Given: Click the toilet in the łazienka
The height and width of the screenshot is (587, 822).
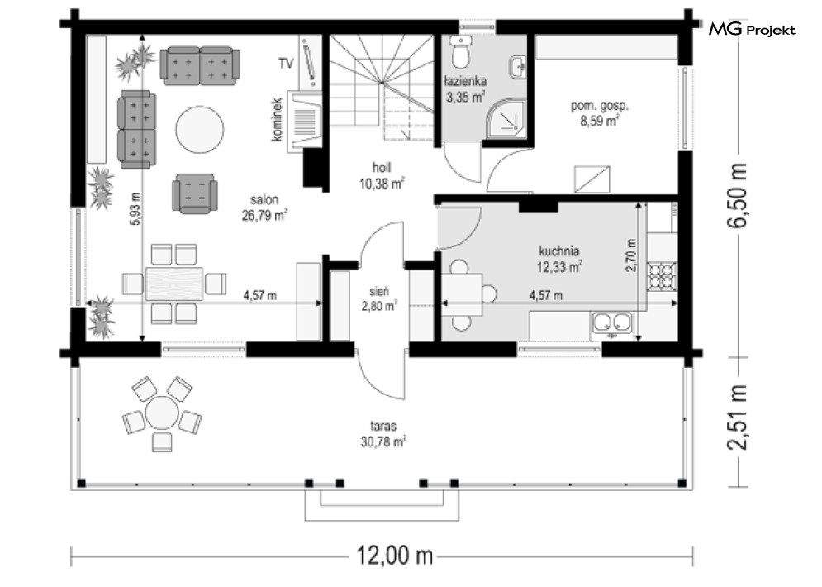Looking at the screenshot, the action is (x=461, y=52).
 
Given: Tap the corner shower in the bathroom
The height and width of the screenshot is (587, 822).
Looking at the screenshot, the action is (x=506, y=118).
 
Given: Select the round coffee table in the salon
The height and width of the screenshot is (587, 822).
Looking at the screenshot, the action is (x=200, y=130).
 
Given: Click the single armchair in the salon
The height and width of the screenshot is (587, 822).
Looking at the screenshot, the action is (x=194, y=193).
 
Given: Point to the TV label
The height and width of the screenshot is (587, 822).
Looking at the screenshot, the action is (x=286, y=64).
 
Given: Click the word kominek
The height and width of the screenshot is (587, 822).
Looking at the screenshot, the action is (x=277, y=120).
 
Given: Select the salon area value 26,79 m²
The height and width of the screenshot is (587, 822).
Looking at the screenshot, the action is (x=264, y=215).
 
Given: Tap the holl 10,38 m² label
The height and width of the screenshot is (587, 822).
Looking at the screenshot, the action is (x=382, y=176).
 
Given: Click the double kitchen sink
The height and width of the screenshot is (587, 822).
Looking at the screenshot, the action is (x=612, y=322).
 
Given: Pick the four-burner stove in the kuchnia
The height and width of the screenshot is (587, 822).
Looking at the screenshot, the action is (x=662, y=275).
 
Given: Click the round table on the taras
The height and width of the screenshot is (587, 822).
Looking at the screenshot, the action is (x=162, y=413).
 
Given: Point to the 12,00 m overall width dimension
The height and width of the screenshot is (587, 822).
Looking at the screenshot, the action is (x=395, y=555).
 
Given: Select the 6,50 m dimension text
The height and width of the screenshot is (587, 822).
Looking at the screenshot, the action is (x=738, y=194).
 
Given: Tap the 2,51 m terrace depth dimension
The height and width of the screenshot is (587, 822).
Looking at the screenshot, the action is (x=738, y=418).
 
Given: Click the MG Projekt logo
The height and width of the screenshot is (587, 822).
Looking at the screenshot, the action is (x=752, y=30).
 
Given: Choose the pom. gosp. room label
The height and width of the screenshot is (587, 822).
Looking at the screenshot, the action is (x=599, y=113).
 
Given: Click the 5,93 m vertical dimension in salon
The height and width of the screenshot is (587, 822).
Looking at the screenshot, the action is (x=135, y=210).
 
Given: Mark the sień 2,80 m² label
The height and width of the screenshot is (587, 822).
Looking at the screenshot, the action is (x=379, y=298).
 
